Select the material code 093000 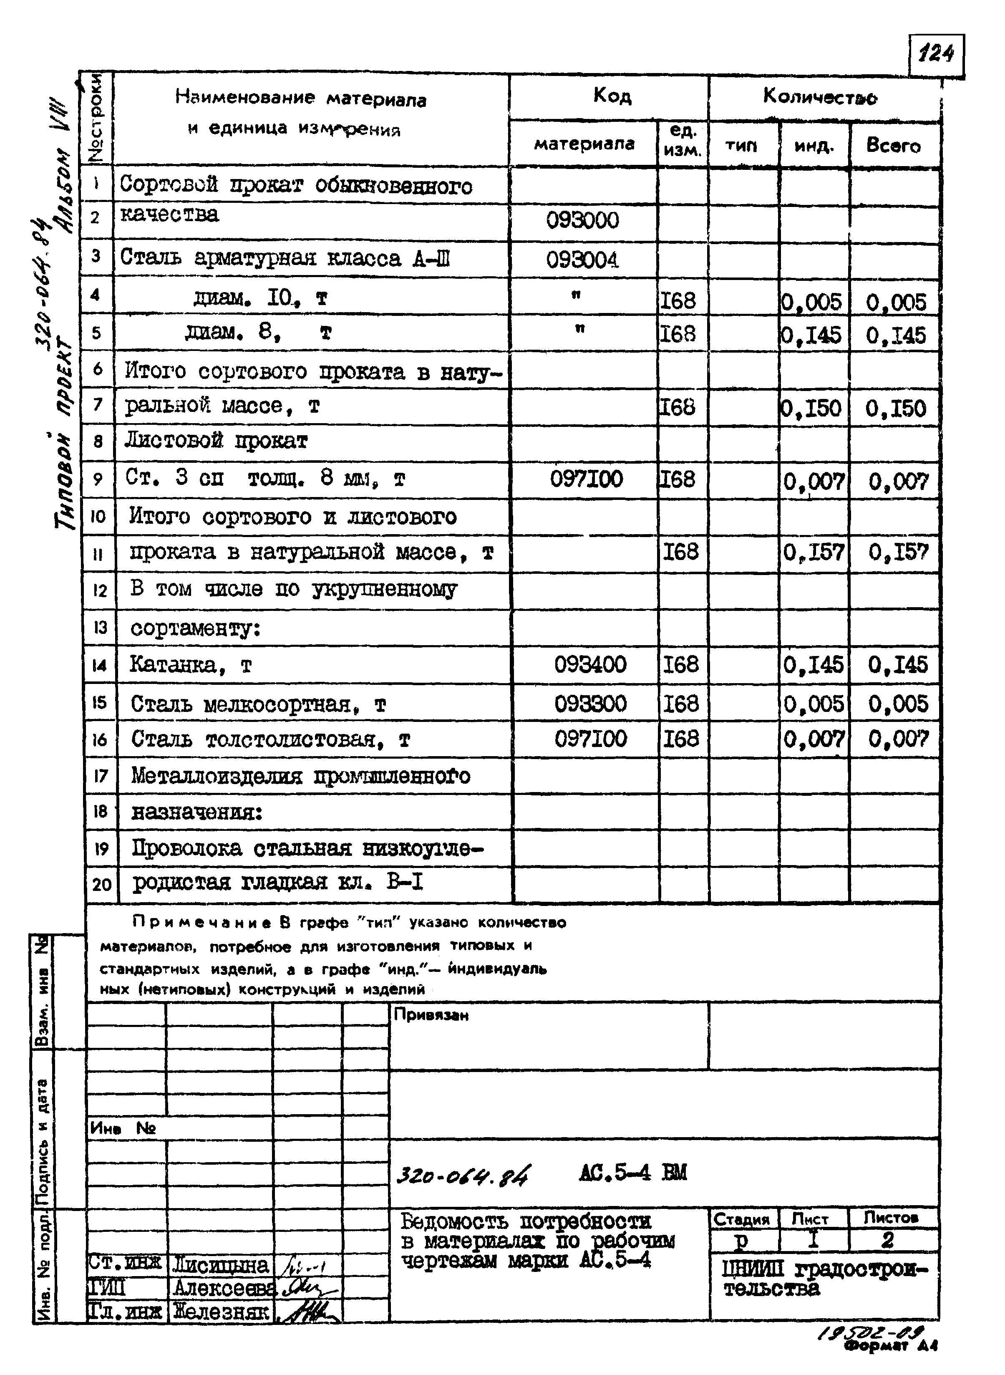582,220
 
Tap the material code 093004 582,260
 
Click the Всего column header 893,146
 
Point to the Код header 612,96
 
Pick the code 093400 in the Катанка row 589,664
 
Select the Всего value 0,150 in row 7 896,408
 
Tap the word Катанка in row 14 172,665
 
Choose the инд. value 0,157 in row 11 814,553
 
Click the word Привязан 431,1015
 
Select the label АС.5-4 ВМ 633,1172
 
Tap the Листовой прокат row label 216,441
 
